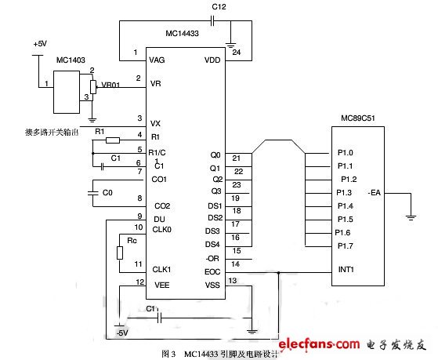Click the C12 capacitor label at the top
[220, 7]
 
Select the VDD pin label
[212, 58]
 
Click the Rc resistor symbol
[120, 253]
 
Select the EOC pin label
[212, 271]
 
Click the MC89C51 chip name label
[357, 118]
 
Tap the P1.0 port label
[345, 152]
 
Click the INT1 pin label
[347, 271]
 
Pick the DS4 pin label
[213, 244]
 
